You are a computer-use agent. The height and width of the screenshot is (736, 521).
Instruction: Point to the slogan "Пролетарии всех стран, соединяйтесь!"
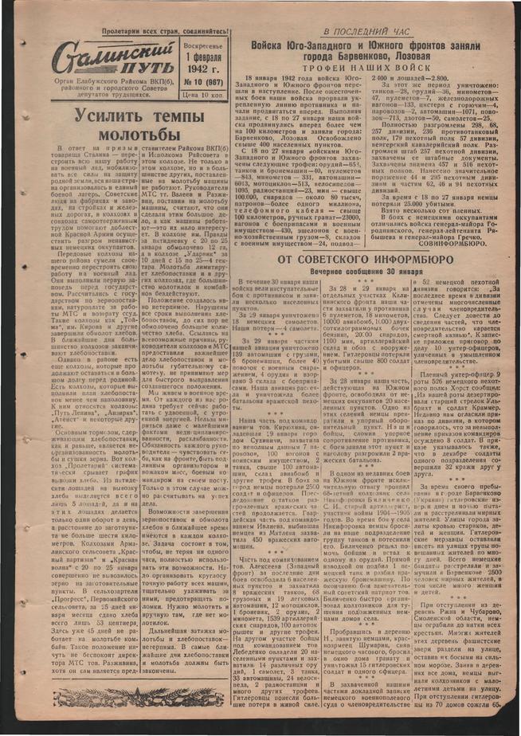(x=163, y=35)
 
